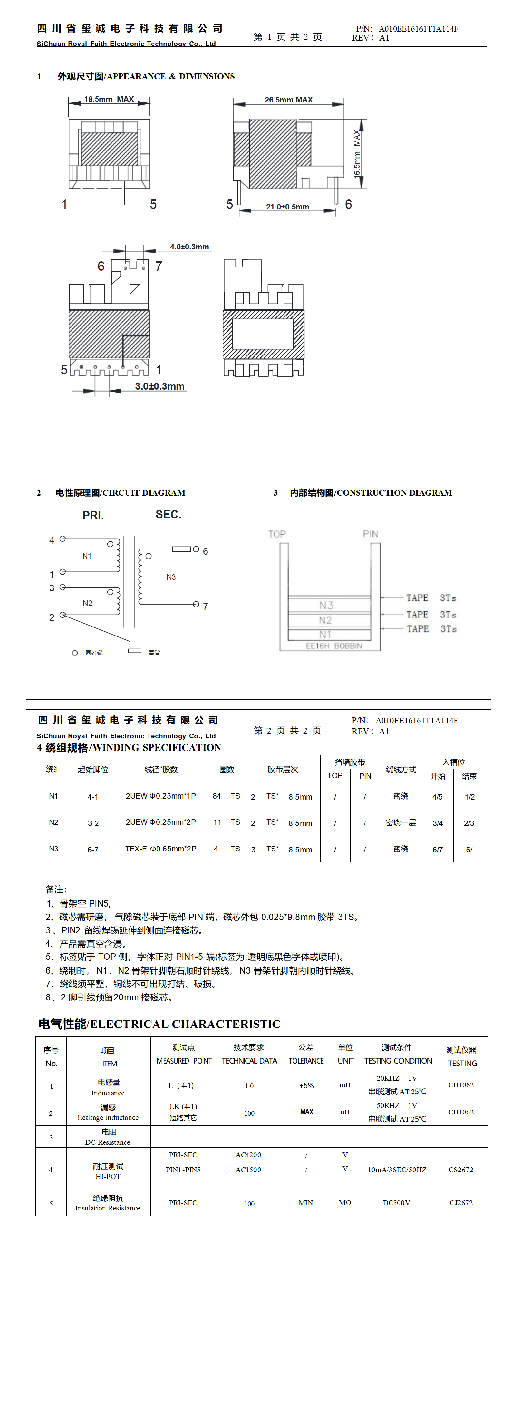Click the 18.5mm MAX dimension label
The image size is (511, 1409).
[x=109, y=99]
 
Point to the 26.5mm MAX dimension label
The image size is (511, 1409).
[x=288, y=100]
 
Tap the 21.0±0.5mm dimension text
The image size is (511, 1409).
[x=287, y=207]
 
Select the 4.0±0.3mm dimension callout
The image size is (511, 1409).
[x=189, y=247]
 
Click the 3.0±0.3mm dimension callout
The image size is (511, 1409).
[x=160, y=386]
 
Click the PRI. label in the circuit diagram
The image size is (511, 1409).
[x=93, y=515]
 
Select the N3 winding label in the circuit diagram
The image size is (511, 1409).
[x=171, y=577]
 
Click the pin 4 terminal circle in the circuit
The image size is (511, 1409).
[x=63, y=539]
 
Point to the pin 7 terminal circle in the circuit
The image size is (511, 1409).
[x=196, y=604]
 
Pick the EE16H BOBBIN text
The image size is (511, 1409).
[x=334, y=646]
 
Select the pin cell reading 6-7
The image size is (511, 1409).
[x=93, y=850]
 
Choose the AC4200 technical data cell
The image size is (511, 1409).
[x=248, y=1155]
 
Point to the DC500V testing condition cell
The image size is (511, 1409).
[x=397, y=1203]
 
